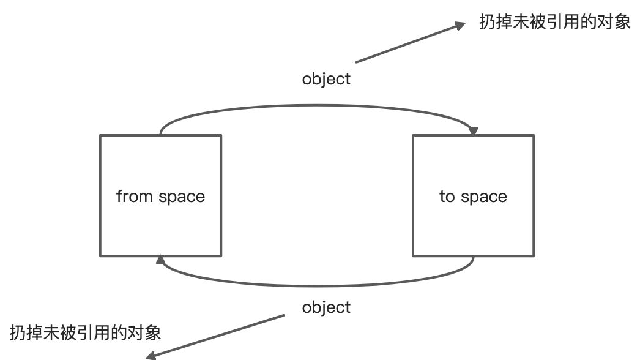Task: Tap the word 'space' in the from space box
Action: coord(182,197)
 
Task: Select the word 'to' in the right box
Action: coord(447,197)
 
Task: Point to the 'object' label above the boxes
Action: coord(326,79)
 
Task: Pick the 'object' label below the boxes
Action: coord(326,307)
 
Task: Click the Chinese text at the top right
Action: coord(554,23)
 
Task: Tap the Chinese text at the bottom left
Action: coord(86,332)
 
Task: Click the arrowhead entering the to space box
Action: coord(472,131)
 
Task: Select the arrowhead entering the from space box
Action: coord(160,261)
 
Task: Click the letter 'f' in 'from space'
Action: coord(119,196)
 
